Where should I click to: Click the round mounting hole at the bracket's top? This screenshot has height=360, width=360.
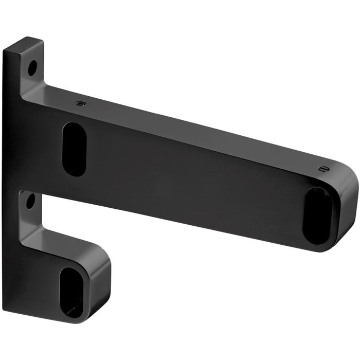[32, 66]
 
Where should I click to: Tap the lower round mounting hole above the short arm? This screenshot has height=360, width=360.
[30, 201]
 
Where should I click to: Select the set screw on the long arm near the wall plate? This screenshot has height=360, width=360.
[80, 103]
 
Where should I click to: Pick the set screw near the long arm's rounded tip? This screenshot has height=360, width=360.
[322, 168]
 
